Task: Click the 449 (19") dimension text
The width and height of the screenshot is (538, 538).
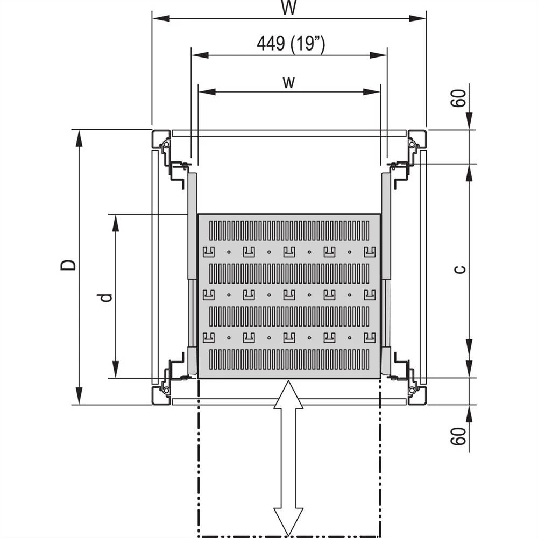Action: click(x=290, y=44)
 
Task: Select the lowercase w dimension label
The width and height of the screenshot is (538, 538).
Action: click(x=289, y=82)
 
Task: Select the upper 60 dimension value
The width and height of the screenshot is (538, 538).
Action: click(x=458, y=99)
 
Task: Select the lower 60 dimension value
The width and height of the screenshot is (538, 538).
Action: click(x=458, y=436)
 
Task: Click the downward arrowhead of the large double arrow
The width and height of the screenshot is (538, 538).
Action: click(x=288, y=522)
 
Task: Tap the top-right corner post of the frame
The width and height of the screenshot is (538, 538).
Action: click(x=417, y=139)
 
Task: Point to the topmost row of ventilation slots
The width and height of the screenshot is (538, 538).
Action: click(x=289, y=230)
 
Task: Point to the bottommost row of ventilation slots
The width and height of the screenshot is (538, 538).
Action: click(x=289, y=359)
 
